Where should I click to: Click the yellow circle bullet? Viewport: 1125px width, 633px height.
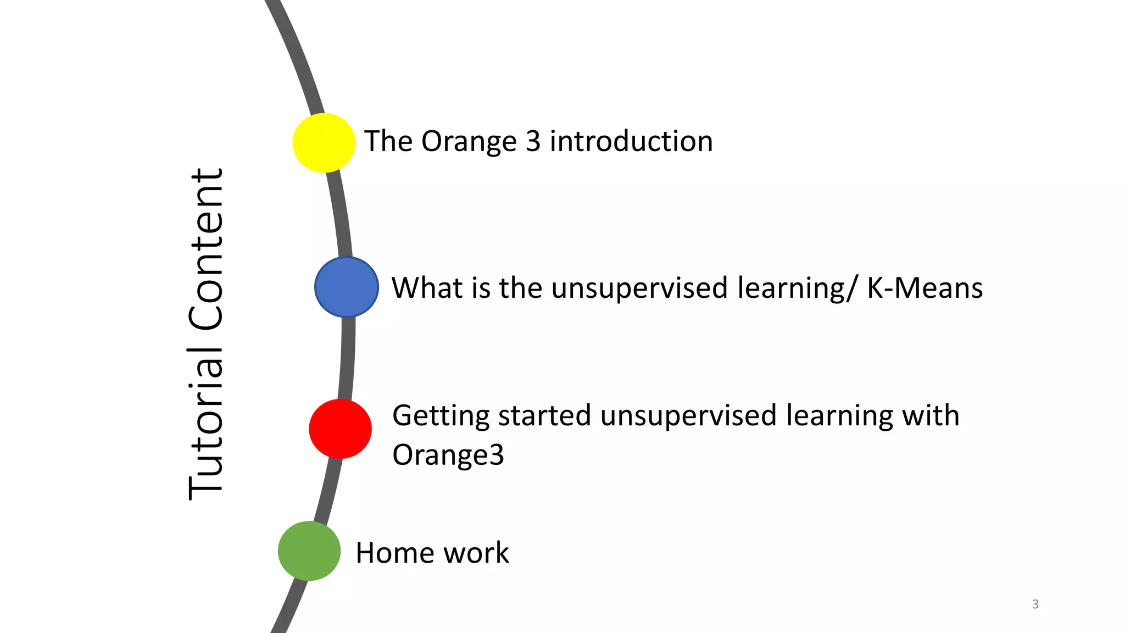pyautogui.click(x=324, y=143)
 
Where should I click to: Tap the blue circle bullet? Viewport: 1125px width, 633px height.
pyautogui.click(x=347, y=287)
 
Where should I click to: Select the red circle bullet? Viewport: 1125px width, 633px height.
pyautogui.click(x=340, y=429)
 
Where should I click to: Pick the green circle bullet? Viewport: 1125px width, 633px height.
pyautogui.click(x=309, y=551)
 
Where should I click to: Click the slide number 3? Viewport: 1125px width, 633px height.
pyautogui.click(x=1035, y=604)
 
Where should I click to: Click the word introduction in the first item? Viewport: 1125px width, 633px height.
pyautogui.click(x=631, y=141)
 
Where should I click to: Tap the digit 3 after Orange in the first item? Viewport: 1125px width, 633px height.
pyautogui.click(x=533, y=141)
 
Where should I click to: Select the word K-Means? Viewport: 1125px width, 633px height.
pyautogui.click(x=924, y=288)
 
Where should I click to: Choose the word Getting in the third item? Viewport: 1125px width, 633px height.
pyautogui.click(x=441, y=416)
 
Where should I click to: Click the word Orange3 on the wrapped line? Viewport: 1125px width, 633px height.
pyautogui.click(x=448, y=455)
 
